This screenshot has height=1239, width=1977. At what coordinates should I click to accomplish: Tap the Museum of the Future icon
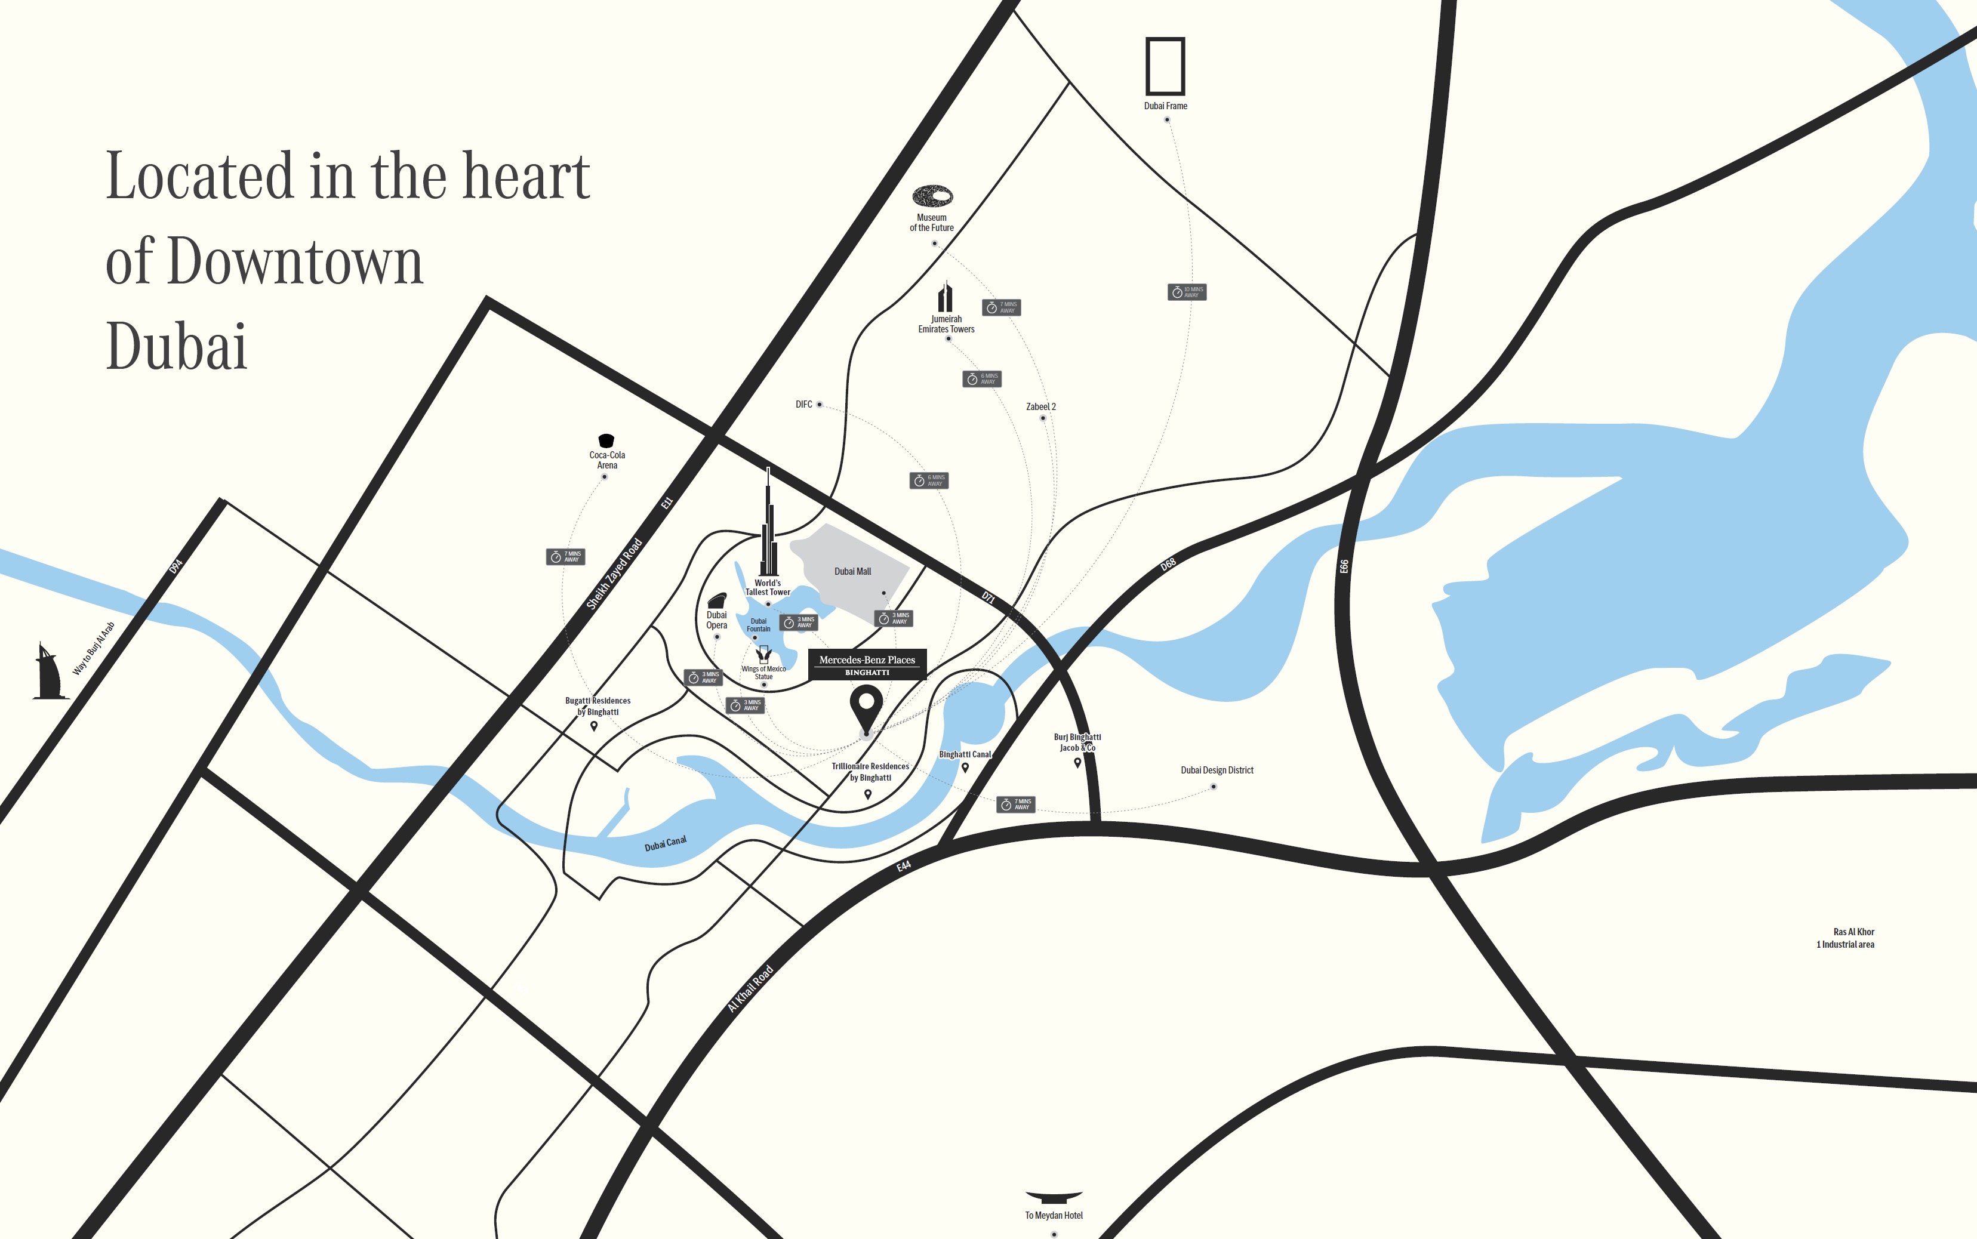point(932,196)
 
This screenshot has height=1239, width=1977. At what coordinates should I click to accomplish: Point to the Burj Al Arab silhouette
point(49,672)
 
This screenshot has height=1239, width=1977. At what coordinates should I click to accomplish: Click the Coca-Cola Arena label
point(607,460)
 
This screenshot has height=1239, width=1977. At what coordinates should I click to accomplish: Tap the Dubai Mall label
point(852,571)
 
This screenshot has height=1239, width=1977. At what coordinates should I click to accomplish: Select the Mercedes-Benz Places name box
point(867,664)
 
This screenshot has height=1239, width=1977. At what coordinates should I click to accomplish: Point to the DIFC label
point(803,404)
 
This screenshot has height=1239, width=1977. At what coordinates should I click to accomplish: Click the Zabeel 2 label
point(1040,406)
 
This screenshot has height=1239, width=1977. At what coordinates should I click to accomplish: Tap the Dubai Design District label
point(1217,770)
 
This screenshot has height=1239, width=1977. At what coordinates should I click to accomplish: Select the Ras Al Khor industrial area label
point(1845,938)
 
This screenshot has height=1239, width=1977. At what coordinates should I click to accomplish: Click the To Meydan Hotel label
point(1054,1215)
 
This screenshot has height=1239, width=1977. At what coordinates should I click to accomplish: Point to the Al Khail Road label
point(750,988)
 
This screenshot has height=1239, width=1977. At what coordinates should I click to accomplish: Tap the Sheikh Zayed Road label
point(614,574)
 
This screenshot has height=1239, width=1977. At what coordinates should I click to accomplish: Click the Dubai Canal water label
point(666,843)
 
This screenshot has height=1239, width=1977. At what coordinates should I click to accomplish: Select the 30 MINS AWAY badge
point(1186,292)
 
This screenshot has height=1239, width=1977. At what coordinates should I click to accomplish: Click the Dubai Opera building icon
point(717,600)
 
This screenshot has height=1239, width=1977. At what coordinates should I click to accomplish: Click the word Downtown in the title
point(295,262)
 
